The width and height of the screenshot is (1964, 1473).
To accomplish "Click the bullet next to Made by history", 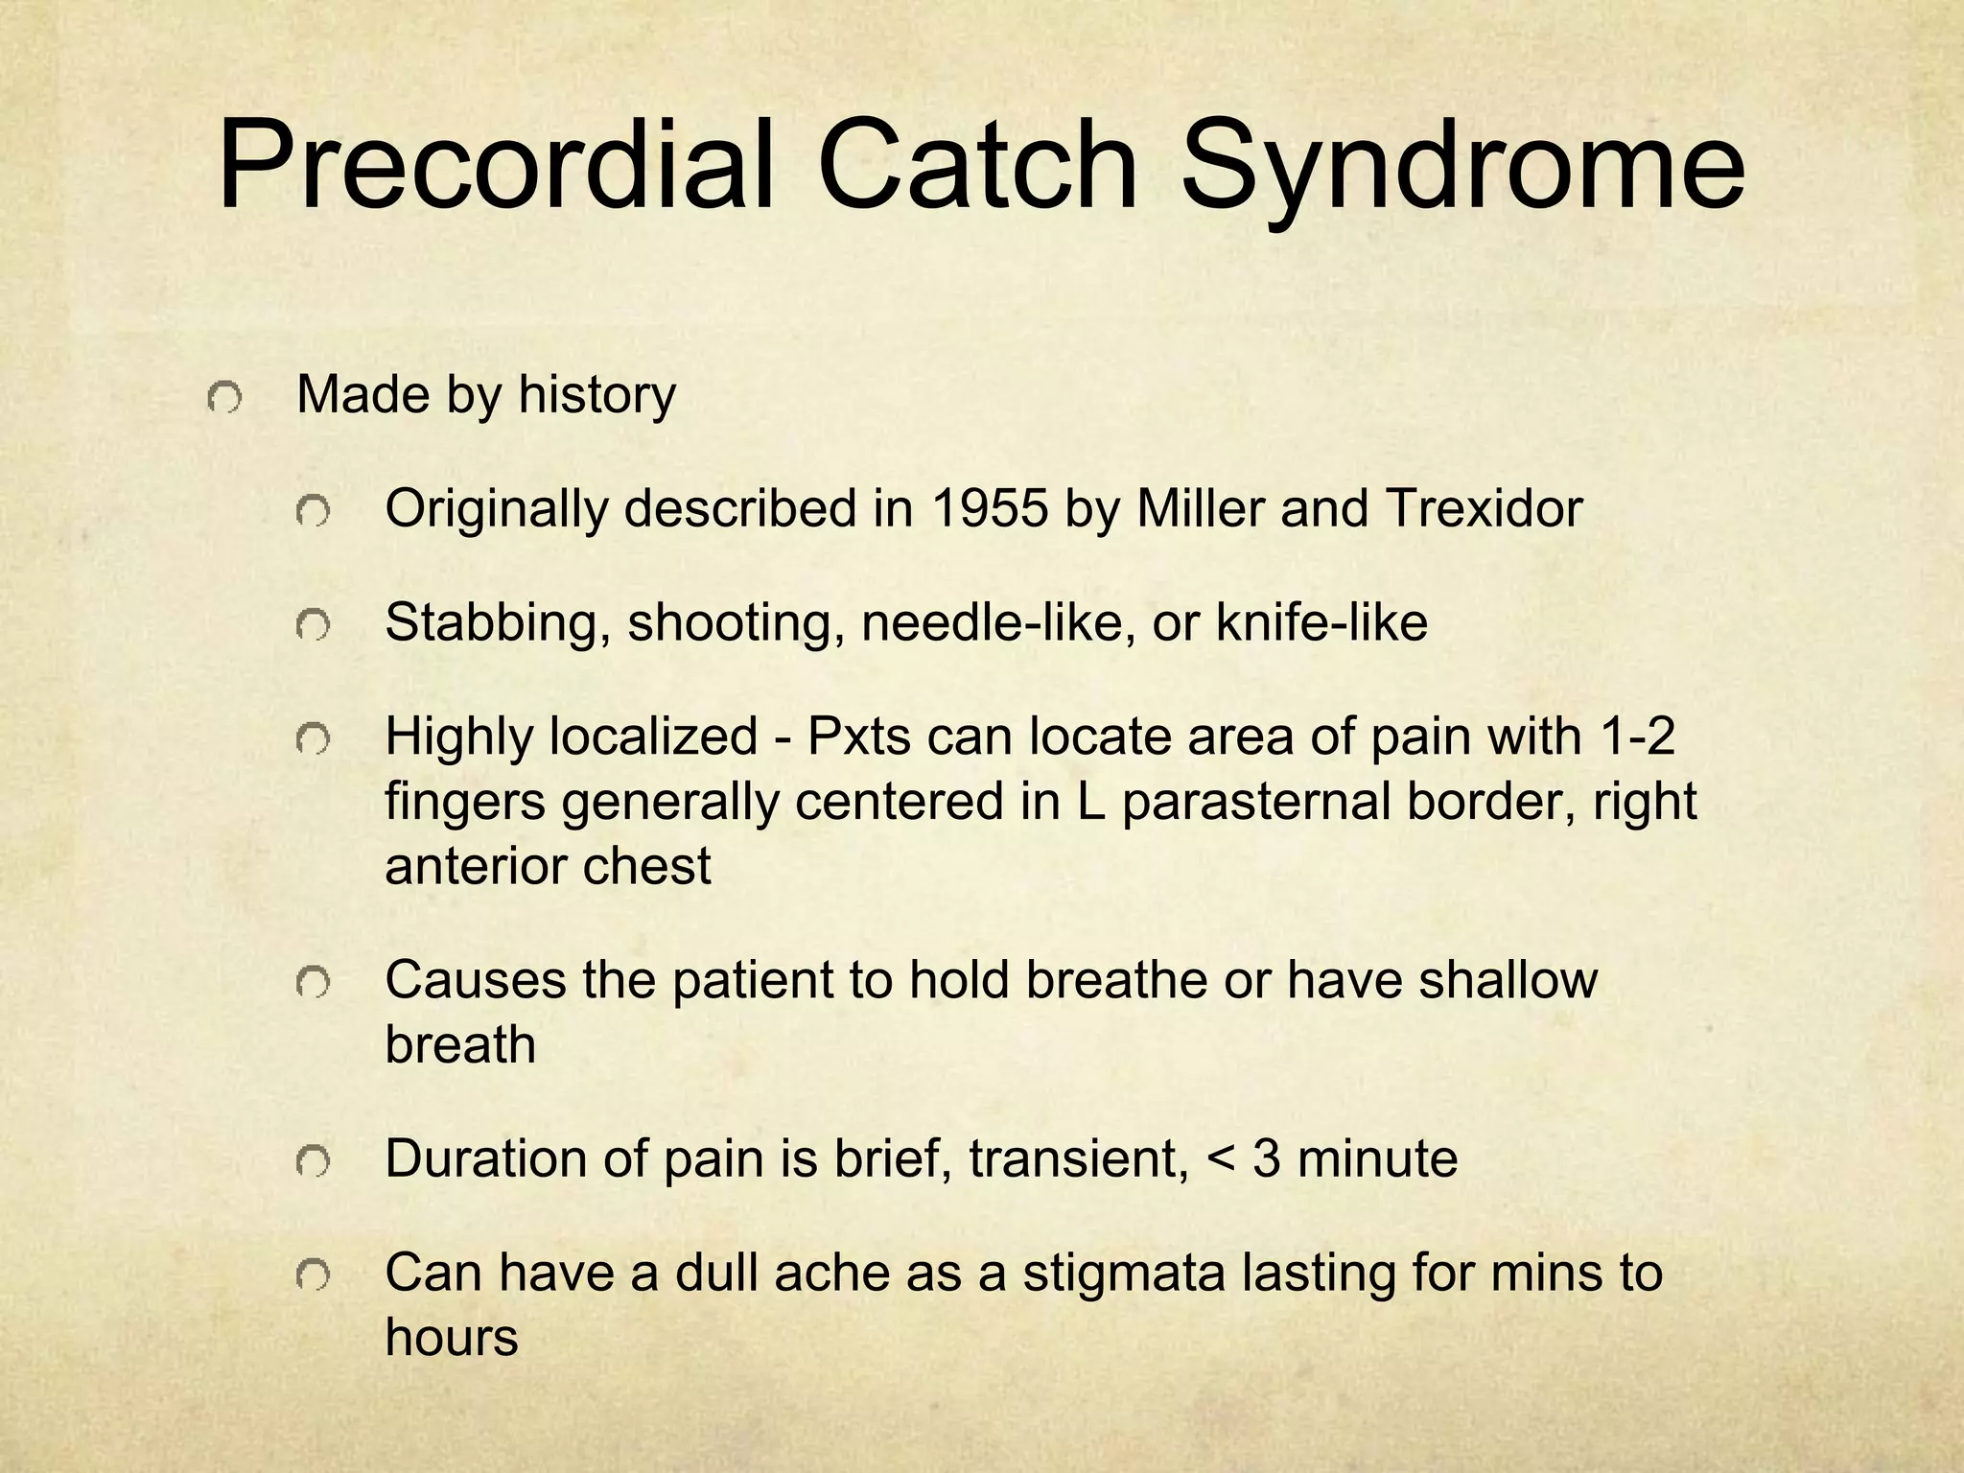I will click(223, 396).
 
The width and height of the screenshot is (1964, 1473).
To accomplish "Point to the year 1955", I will click(988, 508).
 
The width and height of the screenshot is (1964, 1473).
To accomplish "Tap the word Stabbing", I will click(498, 624).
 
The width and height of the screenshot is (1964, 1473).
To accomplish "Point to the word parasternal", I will click(1255, 802).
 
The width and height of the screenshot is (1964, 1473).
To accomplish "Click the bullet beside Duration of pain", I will click(313, 1162).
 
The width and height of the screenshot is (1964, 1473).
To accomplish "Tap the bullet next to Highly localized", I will click(313, 739).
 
